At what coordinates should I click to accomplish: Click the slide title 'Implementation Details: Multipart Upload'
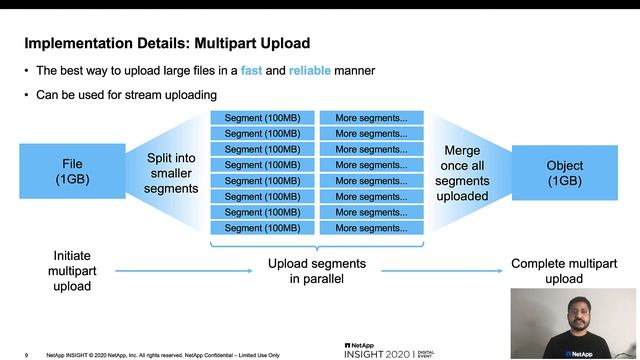pyautogui.click(x=166, y=44)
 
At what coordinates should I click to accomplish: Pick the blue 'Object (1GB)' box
pyautogui.click(x=564, y=172)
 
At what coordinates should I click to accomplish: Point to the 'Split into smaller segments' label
pyautogui.click(x=171, y=173)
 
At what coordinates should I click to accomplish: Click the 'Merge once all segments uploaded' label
pyautogui.click(x=462, y=173)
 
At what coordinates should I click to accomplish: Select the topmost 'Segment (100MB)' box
pyautogui.click(x=262, y=117)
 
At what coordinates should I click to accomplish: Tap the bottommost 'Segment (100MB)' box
pyautogui.click(x=262, y=228)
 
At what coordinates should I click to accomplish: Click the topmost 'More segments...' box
pyautogui.click(x=371, y=117)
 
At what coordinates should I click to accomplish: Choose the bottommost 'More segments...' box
pyautogui.click(x=371, y=228)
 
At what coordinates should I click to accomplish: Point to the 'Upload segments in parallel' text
pyautogui.click(x=316, y=271)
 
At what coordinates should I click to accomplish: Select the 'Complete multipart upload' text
pyautogui.click(x=563, y=271)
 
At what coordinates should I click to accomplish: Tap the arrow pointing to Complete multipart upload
pyautogui.click(x=439, y=270)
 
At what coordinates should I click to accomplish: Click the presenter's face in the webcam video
pyautogui.click(x=576, y=311)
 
